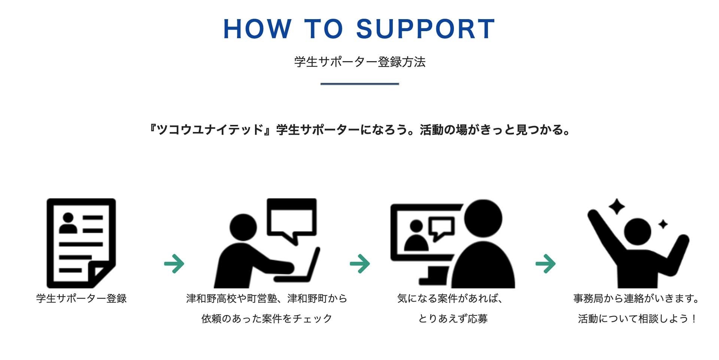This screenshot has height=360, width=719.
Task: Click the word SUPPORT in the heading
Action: click(x=426, y=29)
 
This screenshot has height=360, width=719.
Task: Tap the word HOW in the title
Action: click(x=257, y=29)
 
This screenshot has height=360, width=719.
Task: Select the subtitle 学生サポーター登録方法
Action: click(x=359, y=62)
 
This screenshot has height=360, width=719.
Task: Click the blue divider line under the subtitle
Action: click(x=359, y=84)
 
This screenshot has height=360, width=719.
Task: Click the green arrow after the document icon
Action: click(x=174, y=264)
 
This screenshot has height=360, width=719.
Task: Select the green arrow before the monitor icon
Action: click(x=360, y=264)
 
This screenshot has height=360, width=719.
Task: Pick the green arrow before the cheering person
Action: click(x=546, y=264)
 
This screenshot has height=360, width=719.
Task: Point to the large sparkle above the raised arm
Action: click(x=616, y=207)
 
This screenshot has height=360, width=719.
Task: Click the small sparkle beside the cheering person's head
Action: click(x=663, y=224)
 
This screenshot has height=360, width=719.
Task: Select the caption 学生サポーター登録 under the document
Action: click(x=81, y=298)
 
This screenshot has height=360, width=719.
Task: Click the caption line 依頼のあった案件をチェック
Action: click(x=267, y=319)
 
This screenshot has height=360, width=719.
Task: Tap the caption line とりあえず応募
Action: click(x=453, y=319)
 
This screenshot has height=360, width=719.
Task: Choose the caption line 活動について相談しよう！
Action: click(x=637, y=319)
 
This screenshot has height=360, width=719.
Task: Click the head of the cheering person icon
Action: click(x=638, y=232)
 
